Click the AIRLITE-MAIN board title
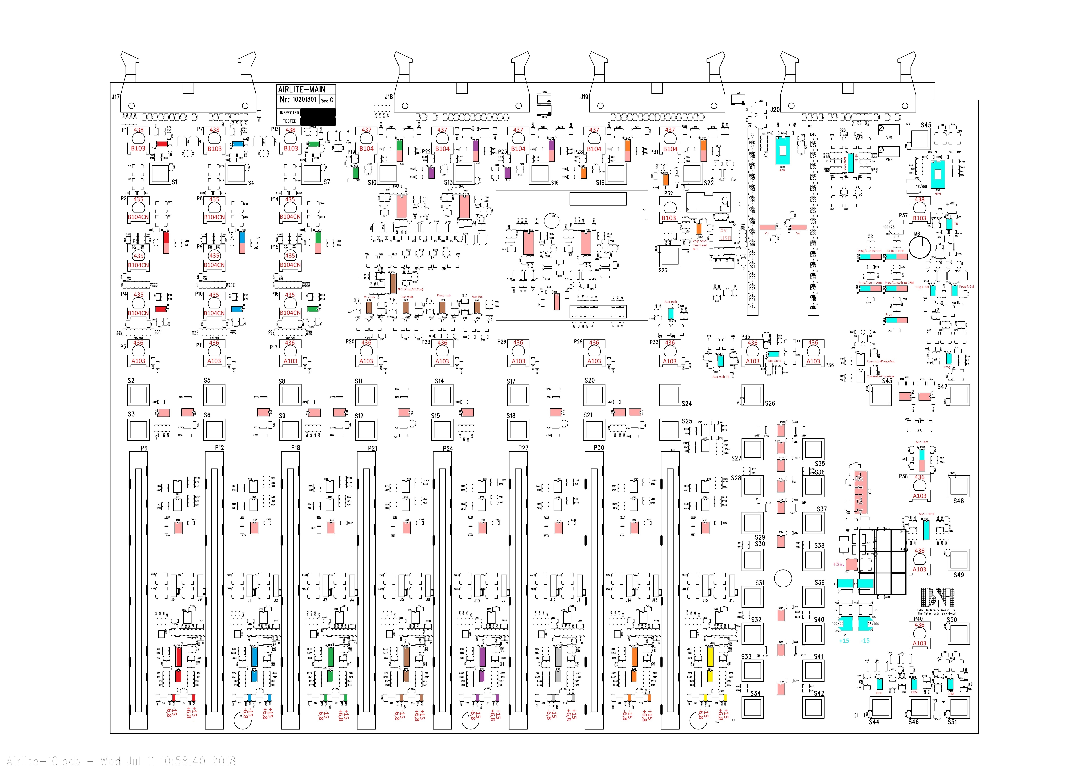click(302, 89)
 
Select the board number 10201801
click(304, 99)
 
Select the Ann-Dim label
click(922, 442)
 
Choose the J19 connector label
click(584, 97)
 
